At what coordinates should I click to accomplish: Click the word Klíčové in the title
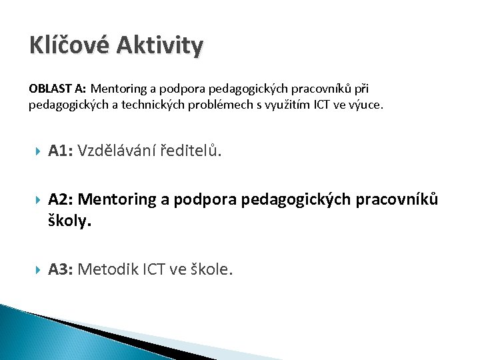69,46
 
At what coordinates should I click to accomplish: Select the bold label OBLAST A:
57,88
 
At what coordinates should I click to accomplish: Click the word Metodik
107,269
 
